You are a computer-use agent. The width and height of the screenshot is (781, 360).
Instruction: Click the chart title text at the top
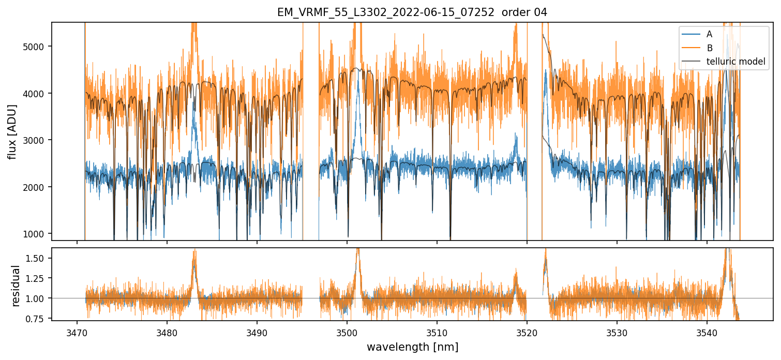pos(412,12)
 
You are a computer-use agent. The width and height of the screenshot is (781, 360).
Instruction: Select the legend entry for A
pos(709,34)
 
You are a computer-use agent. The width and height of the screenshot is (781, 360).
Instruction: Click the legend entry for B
pos(709,48)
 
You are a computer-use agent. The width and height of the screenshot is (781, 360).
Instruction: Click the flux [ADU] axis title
pos(12,131)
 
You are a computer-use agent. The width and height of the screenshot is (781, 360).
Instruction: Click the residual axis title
pos(16,285)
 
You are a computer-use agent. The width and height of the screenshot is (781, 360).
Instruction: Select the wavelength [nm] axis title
pos(412,347)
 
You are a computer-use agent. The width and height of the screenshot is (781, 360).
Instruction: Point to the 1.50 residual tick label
pos(36,258)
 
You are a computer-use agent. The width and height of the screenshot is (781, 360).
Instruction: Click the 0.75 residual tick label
pos(36,318)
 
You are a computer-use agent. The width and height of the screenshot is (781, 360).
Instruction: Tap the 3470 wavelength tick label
pos(77,331)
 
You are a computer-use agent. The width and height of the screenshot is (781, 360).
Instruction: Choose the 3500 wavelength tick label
pos(347,331)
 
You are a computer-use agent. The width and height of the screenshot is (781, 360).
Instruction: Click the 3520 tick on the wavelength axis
pos(527,331)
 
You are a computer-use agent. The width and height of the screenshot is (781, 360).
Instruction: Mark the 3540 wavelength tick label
pos(707,331)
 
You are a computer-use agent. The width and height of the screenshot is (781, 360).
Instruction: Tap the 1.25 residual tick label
pos(36,278)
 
